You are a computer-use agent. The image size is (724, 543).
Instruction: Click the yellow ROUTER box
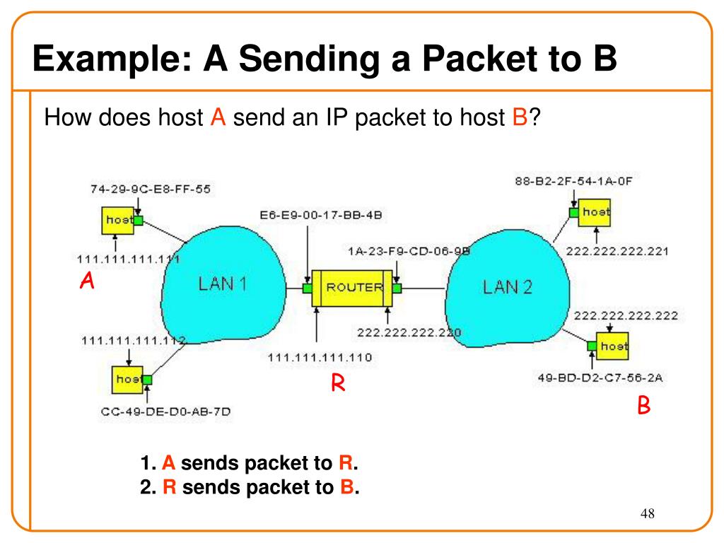(352, 288)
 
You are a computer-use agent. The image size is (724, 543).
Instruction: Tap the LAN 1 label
(222, 284)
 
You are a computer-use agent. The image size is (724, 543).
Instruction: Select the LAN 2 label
(508, 287)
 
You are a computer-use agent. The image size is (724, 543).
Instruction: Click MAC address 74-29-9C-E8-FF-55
(151, 189)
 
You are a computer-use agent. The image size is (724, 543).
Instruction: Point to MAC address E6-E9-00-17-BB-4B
(321, 215)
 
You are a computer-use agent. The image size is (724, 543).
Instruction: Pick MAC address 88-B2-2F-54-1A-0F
(573, 181)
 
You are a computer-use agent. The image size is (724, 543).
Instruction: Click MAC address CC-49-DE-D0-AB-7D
(165, 411)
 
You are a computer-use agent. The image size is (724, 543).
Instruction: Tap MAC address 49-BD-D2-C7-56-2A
(600, 378)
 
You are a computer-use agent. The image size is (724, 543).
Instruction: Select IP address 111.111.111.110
(320, 357)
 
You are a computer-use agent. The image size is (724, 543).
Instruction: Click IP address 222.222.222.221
(617, 251)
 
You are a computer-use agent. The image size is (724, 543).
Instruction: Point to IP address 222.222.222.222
(626, 315)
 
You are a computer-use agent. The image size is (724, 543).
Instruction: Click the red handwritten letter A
(87, 280)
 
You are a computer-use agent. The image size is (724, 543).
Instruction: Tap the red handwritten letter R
(338, 383)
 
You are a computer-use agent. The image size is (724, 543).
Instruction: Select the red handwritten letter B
(643, 405)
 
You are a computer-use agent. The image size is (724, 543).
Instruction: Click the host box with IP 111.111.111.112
(127, 380)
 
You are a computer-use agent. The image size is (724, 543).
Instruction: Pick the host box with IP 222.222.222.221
(594, 212)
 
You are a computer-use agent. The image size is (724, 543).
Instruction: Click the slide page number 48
(648, 513)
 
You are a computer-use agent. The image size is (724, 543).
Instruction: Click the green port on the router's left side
(308, 288)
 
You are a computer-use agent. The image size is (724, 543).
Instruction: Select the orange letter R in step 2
(170, 487)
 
